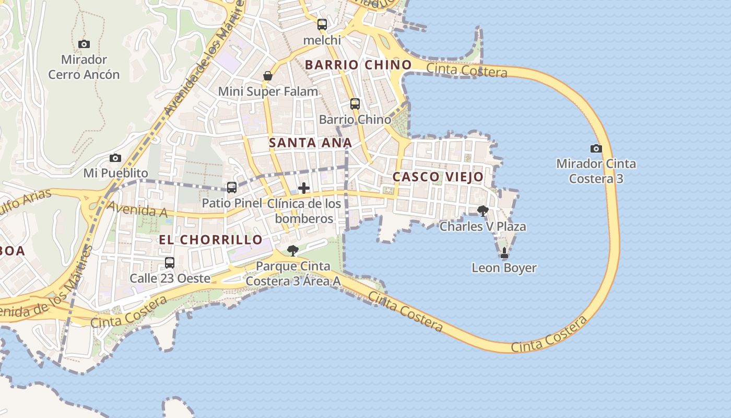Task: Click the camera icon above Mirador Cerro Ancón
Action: point(84,44)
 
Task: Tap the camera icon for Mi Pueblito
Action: point(115,158)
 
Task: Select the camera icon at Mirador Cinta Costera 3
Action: point(596,148)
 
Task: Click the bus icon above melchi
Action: point(322,24)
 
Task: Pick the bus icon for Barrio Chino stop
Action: point(355,103)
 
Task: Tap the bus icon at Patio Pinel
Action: point(232,187)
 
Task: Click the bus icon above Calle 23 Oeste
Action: point(170,262)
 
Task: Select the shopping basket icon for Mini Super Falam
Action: point(268,76)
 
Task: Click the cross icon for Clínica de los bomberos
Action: point(303,188)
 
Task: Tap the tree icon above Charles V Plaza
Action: point(483,211)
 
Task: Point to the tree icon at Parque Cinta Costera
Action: point(293,251)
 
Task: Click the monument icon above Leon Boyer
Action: point(504,253)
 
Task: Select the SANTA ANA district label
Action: point(310,143)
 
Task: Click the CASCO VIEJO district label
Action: point(438,177)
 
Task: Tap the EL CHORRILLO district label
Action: point(210,240)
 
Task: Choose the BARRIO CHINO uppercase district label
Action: point(358,65)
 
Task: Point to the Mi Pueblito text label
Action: point(116,173)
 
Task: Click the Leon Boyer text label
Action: point(504,268)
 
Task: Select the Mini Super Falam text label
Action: point(268,91)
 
